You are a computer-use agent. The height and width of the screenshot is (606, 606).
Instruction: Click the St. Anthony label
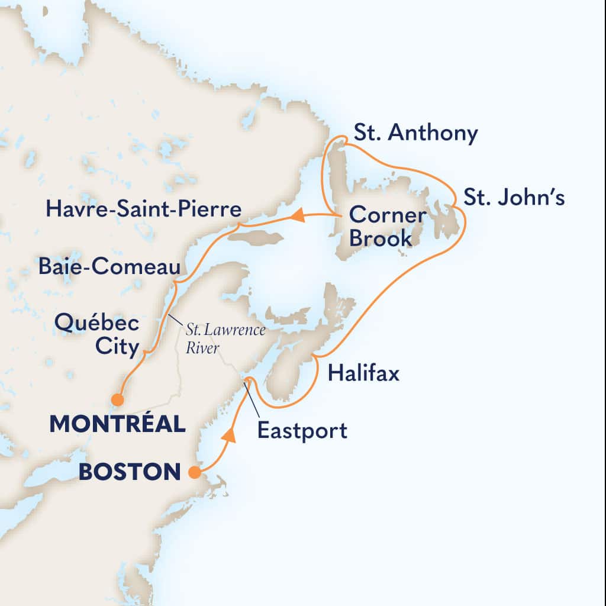tap(415, 134)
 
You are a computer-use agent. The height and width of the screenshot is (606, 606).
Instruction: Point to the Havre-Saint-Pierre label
tap(144, 209)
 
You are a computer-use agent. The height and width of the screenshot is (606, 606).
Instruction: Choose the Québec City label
tap(96, 335)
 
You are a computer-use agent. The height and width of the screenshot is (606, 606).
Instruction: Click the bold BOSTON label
tap(129, 472)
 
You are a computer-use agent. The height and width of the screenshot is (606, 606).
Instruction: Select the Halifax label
tap(363, 373)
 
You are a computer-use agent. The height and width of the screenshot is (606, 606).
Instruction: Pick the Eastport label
tap(302, 430)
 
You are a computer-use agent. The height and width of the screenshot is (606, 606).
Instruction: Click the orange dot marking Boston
tap(194, 472)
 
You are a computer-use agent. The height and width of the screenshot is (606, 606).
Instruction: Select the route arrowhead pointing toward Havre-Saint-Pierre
tap(298, 217)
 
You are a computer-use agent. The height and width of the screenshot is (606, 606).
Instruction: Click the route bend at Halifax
tap(316, 356)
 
